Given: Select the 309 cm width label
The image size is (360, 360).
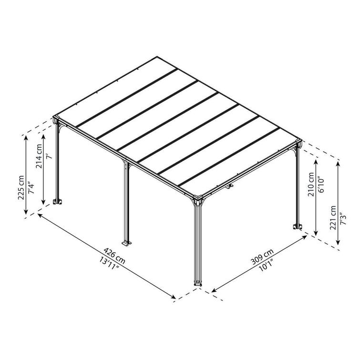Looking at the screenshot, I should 262,256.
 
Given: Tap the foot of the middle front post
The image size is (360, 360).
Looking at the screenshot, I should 127,244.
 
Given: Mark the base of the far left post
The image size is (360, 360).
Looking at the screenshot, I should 59,202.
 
